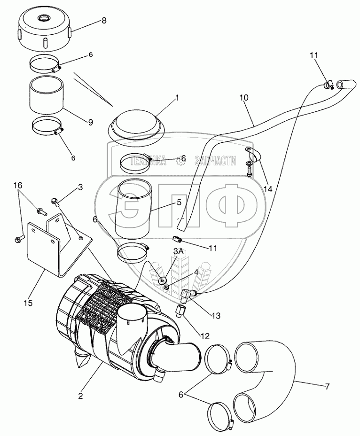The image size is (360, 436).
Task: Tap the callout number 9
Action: (90, 122)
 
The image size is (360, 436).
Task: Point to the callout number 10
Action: (243, 98)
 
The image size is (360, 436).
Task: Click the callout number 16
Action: (17, 186)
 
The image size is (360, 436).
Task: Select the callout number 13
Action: (216, 316)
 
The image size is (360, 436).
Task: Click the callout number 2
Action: (80, 396)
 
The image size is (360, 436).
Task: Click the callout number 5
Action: (179, 202)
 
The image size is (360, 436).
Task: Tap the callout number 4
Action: (196, 272)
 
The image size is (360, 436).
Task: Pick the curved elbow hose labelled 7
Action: (268, 376)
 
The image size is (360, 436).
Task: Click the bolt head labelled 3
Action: (55, 202)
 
